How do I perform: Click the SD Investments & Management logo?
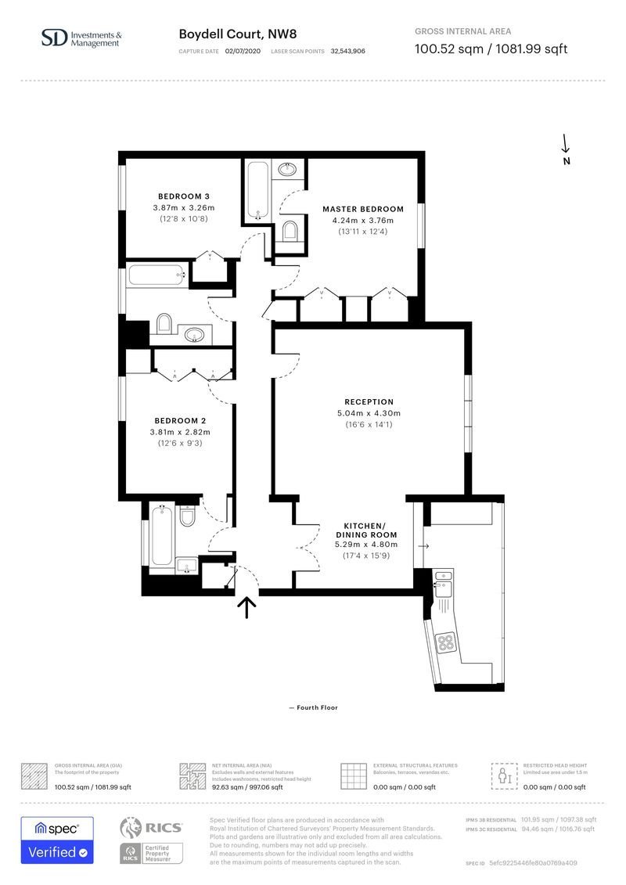(x=81, y=38)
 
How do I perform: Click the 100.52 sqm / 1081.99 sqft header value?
(x=490, y=49)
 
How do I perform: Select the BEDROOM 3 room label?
(x=184, y=196)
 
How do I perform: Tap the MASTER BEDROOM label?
(x=363, y=209)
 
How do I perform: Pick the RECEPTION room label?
(x=369, y=401)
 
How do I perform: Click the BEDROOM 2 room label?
(x=180, y=420)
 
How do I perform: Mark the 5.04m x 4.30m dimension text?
(x=369, y=413)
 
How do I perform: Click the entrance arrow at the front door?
(x=247, y=607)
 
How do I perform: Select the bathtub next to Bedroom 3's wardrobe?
(x=157, y=275)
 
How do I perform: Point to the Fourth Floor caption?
(x=313, y=707)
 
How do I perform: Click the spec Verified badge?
(x=57, y=840)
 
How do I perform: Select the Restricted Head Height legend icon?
(x=504, y=775)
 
